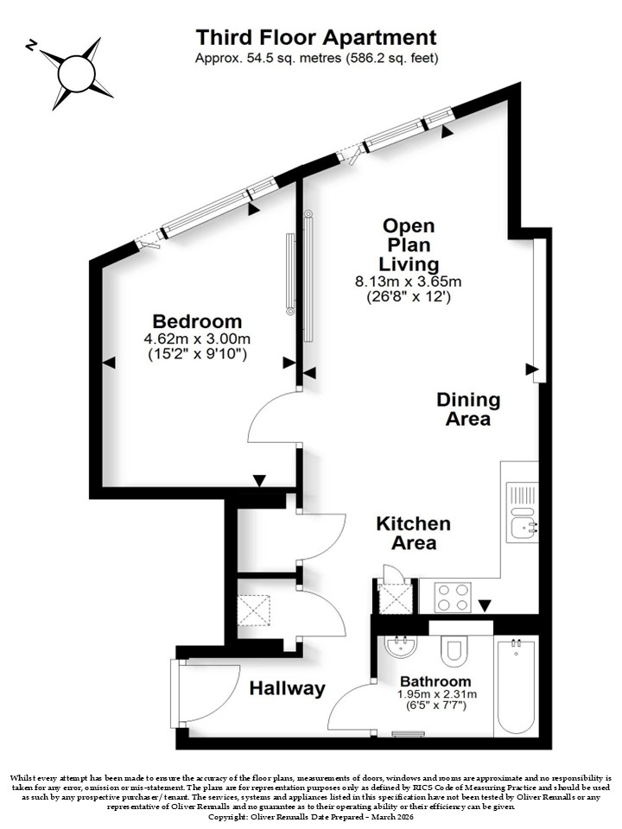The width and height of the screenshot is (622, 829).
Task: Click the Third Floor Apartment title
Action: point(316,37)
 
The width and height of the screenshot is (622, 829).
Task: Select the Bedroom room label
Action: point(197,321)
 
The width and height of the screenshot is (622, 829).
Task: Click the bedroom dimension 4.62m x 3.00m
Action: point(197,339)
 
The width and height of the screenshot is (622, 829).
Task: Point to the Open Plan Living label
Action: point(409,244)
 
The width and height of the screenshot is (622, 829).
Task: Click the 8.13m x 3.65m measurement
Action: point(409,282)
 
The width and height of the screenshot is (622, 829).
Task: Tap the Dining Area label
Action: point(468,408)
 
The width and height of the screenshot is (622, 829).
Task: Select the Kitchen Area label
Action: point(414,533)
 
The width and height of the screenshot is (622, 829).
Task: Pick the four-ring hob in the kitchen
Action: point(453,598)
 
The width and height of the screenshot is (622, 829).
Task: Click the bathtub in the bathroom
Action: point(517,686)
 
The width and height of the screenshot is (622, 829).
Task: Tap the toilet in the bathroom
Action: point(454,651)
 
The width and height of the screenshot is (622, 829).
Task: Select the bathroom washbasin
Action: point(402,645)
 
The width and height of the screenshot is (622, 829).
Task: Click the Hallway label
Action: point(287,688)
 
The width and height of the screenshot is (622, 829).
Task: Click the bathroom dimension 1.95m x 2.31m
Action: point(437,694)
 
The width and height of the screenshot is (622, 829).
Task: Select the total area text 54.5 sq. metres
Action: point(289,58)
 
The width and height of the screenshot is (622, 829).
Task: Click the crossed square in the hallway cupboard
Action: point(253,610)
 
